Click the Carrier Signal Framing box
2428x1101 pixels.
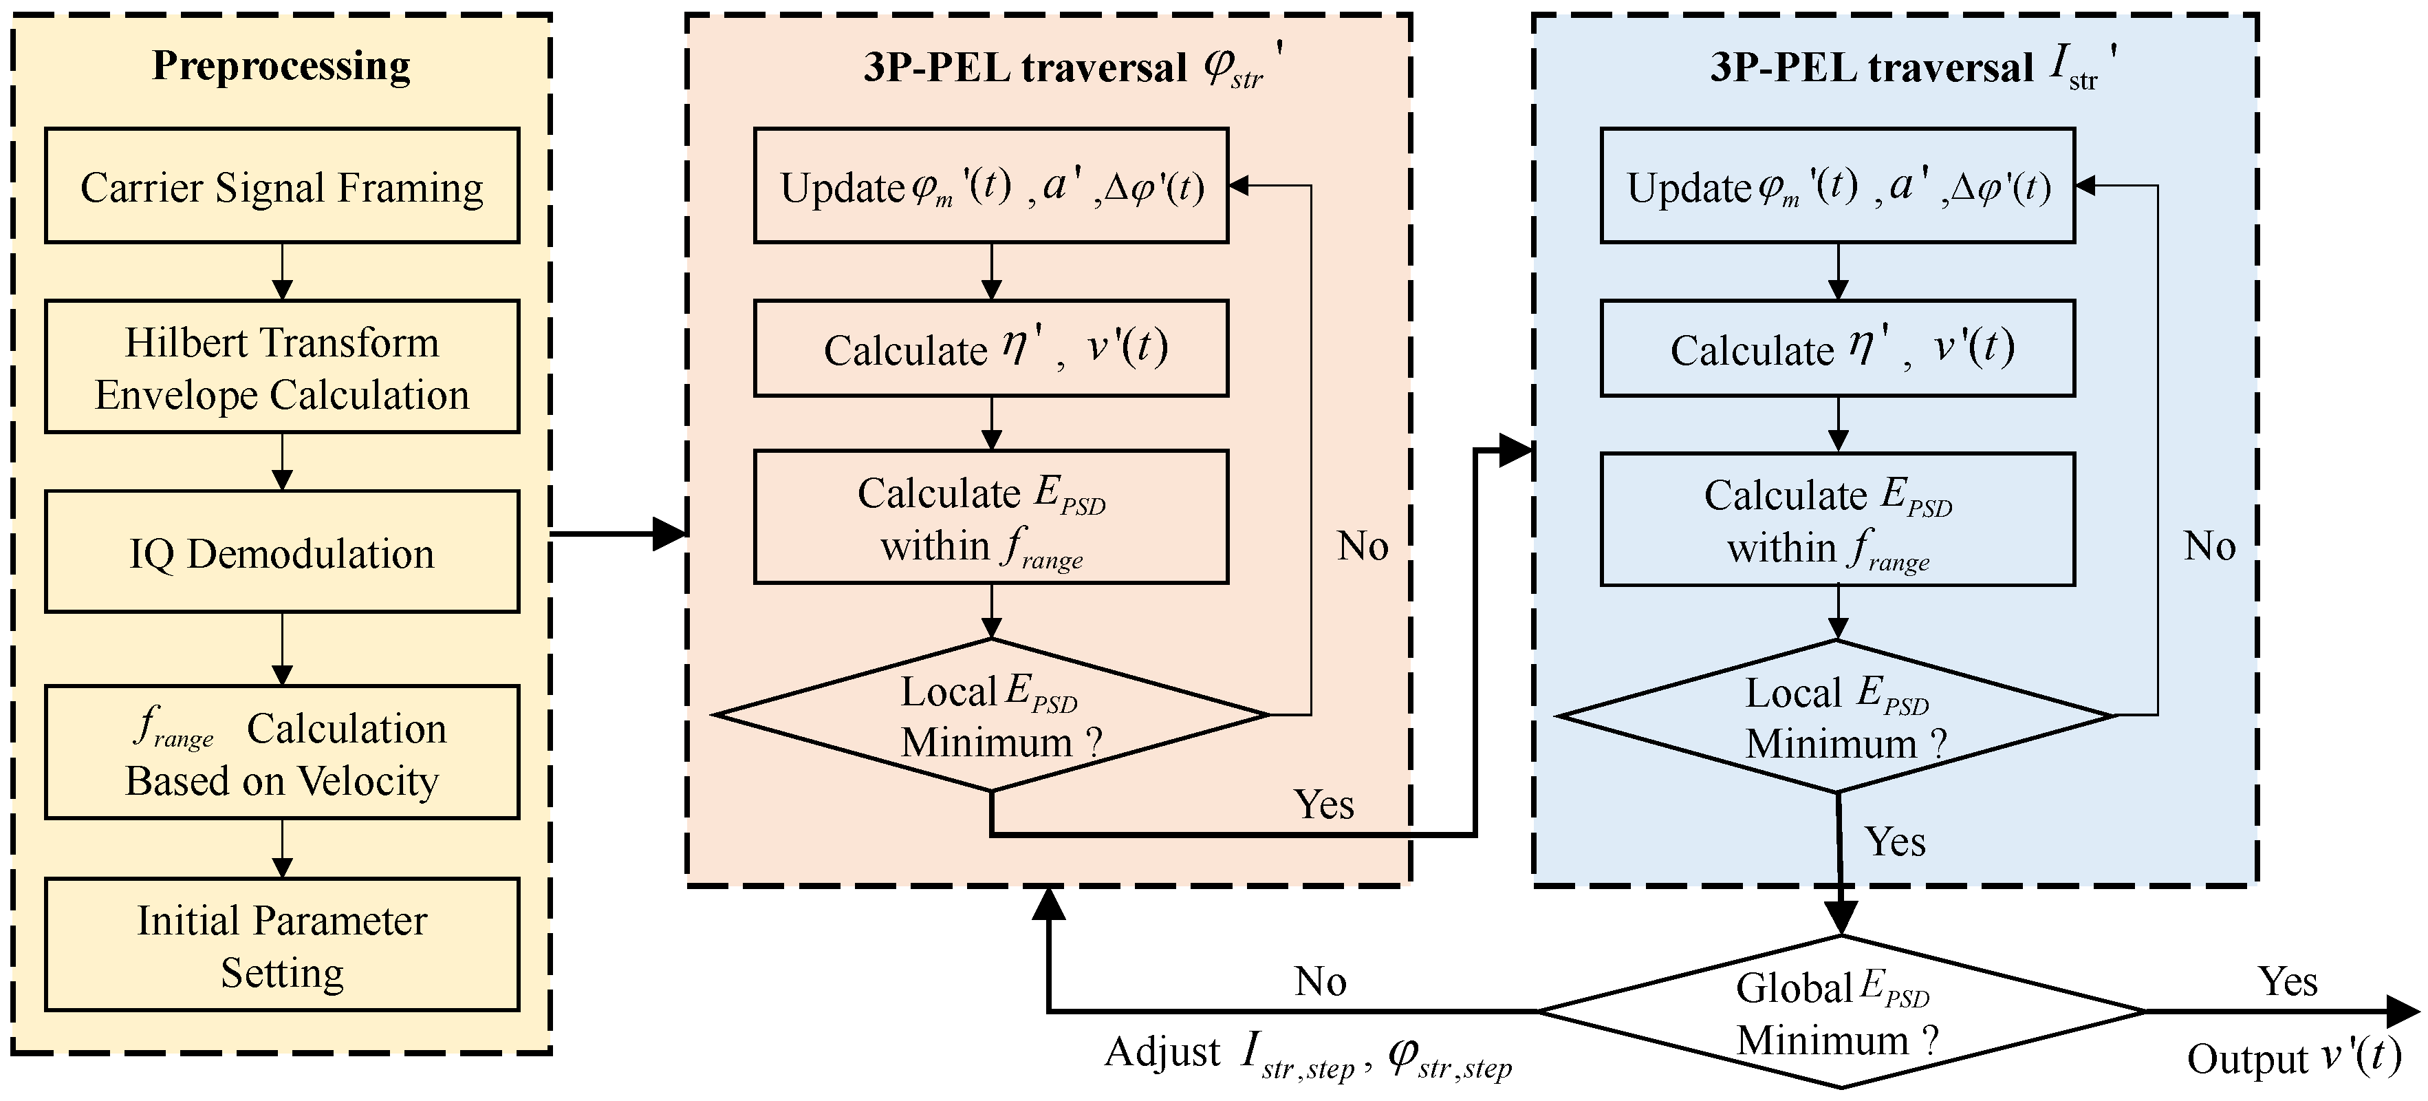282,186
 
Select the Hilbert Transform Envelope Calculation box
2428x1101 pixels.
282,367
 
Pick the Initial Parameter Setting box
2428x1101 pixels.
282,945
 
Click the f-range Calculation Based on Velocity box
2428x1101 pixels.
282,752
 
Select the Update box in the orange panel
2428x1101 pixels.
990,186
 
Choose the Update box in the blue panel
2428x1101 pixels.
1837,186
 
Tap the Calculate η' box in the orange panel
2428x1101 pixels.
990,348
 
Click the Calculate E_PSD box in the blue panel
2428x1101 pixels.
1837,520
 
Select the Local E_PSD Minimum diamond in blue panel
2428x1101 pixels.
1837,716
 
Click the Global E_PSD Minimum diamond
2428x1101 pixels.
1840,1012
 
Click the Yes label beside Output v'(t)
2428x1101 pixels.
2288,981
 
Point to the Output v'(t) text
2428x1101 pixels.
2293,1058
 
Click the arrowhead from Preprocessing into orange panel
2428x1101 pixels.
669,533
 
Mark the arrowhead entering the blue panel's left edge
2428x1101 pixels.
1516,451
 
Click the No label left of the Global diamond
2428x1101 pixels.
1319,981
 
